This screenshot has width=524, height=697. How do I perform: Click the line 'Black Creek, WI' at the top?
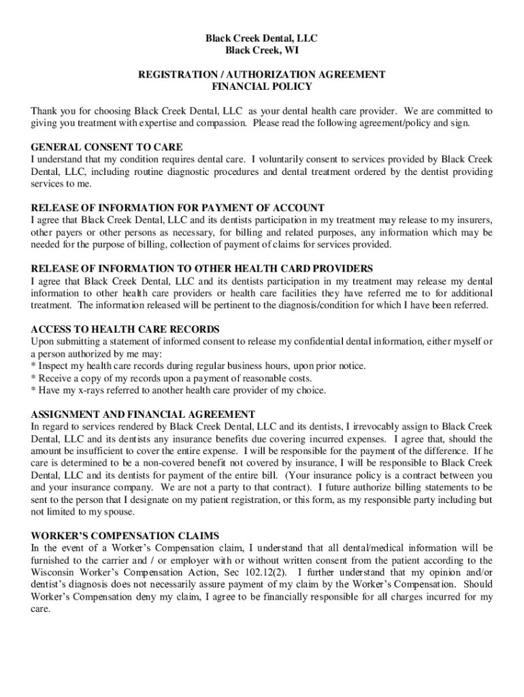[x=261, y=50]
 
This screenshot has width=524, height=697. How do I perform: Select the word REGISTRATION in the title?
[x=172, y=74]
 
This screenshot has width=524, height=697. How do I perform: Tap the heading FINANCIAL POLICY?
[x=262, y=86]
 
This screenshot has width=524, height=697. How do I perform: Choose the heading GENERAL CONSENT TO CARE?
[x=107, y=147]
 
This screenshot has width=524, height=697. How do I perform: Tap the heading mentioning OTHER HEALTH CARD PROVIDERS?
[x=201, y=268]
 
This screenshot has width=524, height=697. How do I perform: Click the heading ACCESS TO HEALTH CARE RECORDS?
[x=125, y=329]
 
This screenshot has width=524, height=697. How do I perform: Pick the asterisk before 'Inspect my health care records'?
[x=34, y=366]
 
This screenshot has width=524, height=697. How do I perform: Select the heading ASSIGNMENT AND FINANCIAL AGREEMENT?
[x=143, y=414]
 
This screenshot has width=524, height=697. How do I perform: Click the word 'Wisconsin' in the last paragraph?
[x=54, y=572]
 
